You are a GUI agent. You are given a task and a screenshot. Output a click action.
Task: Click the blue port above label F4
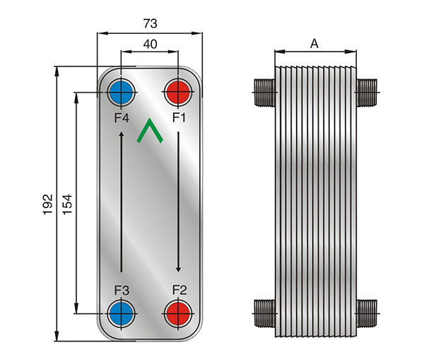(121, 93)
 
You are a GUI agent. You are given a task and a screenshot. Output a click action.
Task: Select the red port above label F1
(178, 93)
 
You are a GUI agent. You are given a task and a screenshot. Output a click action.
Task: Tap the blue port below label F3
(121, 313)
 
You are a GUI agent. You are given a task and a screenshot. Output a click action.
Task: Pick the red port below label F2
(178, 313)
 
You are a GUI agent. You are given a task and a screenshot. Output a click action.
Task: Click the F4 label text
(122, 117)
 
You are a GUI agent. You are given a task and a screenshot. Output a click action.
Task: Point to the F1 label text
(179, 117)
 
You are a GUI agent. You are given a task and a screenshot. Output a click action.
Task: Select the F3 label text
(122, 291)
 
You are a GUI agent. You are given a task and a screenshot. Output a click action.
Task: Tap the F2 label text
(179, 290)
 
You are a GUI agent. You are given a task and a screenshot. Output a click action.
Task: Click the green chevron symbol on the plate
(150, 130)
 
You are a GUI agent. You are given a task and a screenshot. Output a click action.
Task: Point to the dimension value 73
(150, 23)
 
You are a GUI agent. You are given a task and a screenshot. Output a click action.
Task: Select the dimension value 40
(150, 44)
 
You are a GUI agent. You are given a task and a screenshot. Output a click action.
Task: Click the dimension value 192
(47, 204)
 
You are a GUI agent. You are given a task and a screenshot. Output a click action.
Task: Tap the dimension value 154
(67, 204)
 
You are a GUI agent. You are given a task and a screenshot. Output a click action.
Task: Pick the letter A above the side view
(314, 44)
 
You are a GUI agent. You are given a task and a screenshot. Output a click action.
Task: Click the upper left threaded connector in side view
(265, 93)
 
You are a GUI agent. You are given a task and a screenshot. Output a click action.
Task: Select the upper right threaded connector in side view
(367, 93)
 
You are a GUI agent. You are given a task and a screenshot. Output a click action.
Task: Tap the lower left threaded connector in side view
(265, 313)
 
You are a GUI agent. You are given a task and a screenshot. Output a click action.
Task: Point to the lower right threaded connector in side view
(367, 313)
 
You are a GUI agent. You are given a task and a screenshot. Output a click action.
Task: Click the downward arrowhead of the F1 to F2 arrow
(178, 269)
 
